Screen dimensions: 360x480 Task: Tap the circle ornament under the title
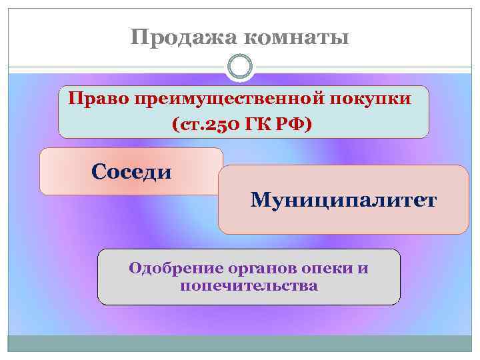coord(240,67)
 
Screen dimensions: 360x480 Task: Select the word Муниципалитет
coord(343,199)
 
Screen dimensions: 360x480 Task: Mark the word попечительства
coord(249,286)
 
